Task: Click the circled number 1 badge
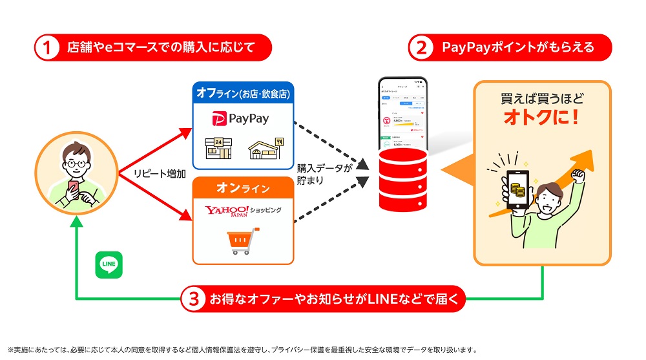(47, 48)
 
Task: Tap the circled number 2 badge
(421, 48)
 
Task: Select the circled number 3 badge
(193, 299)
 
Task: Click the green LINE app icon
(109, 265)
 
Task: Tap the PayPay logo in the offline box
(240, 118)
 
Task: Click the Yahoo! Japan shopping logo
(242, 211)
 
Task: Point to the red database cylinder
(403, 174)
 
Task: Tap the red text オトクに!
(541, 118)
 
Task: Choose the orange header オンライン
(243, 189)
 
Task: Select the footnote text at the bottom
(242, 350)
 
